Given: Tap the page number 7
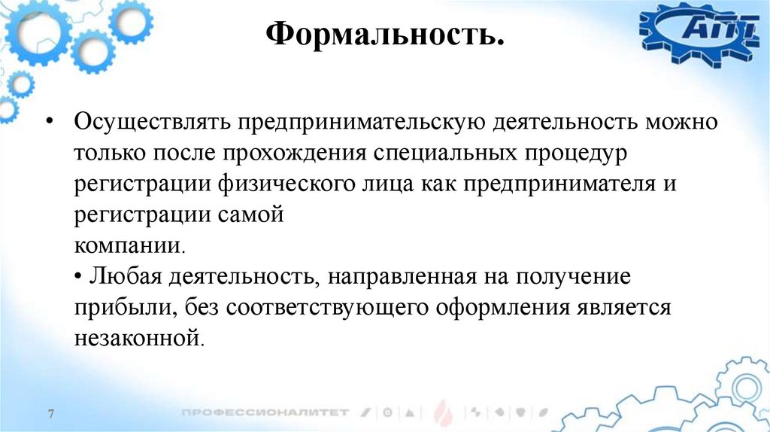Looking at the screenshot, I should tap(51, 415).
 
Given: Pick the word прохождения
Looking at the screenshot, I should tap(290, 154).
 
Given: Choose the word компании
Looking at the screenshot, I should tap(127, 246).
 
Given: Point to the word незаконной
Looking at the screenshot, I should tap(138, 339).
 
